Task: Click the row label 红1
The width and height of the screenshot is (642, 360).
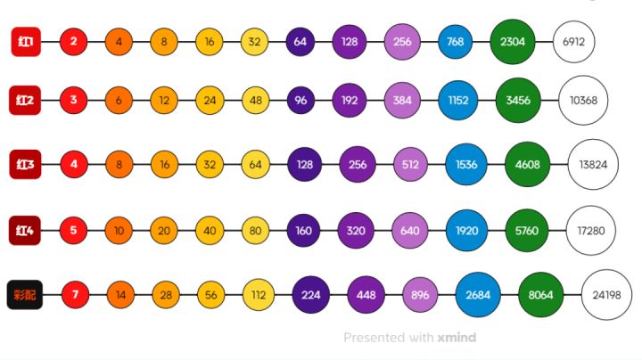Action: coord(24,41)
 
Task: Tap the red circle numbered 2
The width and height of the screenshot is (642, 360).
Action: coord(73,41)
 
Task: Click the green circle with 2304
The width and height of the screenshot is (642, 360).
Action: coord(513,41)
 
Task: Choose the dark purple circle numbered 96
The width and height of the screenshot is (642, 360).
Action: coord(300,100)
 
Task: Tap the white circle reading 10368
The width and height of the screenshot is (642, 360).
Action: coord(583,100)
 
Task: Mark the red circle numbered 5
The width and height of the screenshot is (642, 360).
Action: coord(73,230)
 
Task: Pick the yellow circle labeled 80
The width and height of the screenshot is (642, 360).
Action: coord(255,230)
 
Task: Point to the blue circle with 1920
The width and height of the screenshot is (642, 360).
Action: coord(468,230)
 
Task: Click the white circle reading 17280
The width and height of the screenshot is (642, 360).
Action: coord(590,230)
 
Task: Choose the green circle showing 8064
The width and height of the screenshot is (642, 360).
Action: coord(541,294)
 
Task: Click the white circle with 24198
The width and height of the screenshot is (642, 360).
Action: coord(606,294)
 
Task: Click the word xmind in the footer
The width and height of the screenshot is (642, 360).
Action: coord(457,338)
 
